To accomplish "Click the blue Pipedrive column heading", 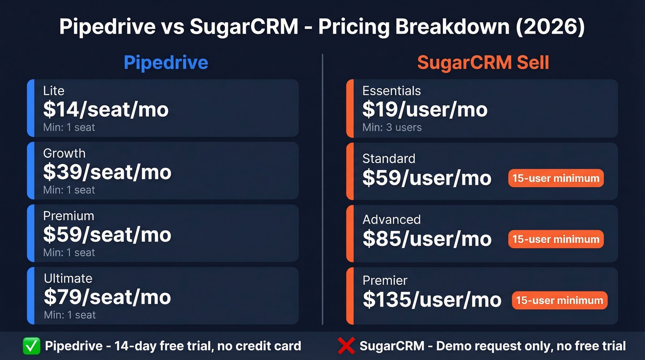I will click(166, 63).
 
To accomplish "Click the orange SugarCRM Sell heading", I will click(483, 63).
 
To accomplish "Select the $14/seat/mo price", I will click(106, 110).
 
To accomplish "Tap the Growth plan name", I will click(64, 153).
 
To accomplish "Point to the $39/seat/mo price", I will click(107, 172).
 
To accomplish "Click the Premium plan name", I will click(68, 216).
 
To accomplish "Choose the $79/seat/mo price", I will click(107, 297).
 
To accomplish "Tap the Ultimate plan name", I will click(68, 278).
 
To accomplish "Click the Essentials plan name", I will click(391, 91).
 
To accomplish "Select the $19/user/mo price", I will click(425, 110).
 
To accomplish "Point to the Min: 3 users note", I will click(392, 127).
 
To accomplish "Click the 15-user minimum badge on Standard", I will click(556, 178).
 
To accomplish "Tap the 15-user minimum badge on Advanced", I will click(556, 239).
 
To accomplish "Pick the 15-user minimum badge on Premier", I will click(559, 301).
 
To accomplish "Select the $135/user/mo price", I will click(432, 300).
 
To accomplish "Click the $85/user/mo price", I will click(427, 239).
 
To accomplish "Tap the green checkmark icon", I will click(31, 346).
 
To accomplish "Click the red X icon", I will click(346, 346).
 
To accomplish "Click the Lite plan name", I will click(53, 91).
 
